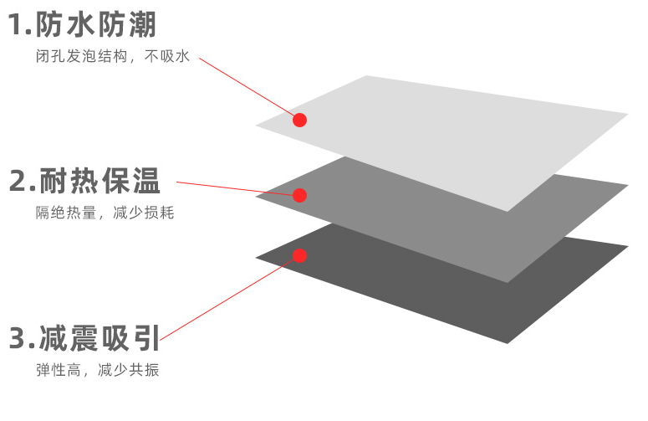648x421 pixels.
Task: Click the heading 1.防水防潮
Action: tap(82, 24)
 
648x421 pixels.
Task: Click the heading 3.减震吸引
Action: tap(84, 338)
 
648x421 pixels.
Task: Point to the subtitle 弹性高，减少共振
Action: tap(97, 370)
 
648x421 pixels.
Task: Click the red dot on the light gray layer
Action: tap(300, 120)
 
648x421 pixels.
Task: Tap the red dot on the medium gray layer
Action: tap(300, 195)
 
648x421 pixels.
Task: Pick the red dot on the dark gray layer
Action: tap(300, 255)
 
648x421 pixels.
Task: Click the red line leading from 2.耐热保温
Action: tap(234, 188)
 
